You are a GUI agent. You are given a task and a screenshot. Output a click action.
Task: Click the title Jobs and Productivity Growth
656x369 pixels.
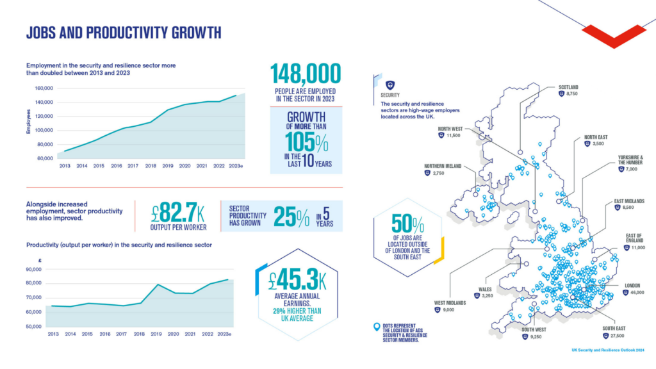[124, 33]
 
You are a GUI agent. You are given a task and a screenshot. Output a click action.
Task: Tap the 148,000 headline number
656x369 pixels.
[306, 74]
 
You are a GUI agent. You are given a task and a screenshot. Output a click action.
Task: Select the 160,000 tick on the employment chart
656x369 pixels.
[44, 88]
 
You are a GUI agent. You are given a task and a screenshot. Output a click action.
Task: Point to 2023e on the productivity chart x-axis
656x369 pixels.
[224, 334]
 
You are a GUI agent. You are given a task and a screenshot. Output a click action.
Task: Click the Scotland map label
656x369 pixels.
[568, 86]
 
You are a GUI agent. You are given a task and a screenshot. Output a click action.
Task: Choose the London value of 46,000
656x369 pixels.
[636, 292]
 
